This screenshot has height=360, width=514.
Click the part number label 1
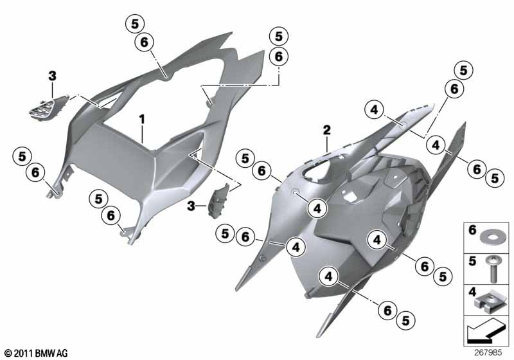[x=141, y=120]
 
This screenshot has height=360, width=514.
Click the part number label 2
[x=327, y=130]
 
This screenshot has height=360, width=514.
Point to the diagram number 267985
[x=488, y=352]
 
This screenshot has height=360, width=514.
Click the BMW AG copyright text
[x=37, y=353]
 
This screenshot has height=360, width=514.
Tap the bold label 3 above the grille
[x=52, y=76]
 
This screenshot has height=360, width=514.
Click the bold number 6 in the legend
[x=472, y=230]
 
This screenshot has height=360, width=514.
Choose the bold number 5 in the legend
[x=472, y=261]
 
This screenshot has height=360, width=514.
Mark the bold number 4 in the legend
[x=472, y=292]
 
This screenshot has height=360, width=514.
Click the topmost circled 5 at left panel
[x=135, y=24]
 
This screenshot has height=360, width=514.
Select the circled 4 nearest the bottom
[x=328, y=276]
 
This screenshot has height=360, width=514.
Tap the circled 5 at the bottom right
[x=406, y=320]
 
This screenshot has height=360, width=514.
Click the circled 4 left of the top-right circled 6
[x=375, y=110]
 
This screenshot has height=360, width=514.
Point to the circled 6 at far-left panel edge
[x=35, y=172]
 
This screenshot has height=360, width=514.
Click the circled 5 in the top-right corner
[x=463, y=70]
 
